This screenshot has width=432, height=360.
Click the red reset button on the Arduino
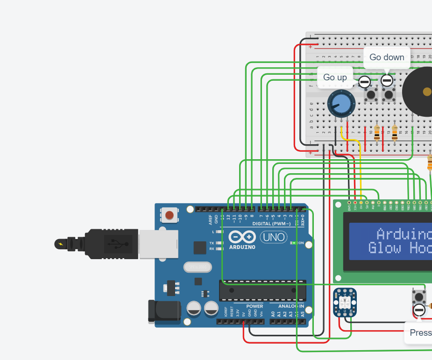[169, 215]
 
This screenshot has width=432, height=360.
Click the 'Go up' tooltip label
[335, 77]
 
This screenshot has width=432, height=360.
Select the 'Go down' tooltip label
[387, 57]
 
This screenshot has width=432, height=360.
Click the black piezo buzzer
[423, 92]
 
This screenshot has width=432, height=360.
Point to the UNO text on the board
[274, 237]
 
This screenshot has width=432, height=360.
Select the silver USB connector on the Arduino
[159, 243]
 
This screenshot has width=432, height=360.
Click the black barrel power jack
[164, 312]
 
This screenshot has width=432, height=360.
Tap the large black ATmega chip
[262, 290]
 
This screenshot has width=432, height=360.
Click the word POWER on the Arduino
[255, 306]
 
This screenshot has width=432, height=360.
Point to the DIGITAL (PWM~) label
[271, 224]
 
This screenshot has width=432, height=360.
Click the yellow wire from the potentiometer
[360, 168]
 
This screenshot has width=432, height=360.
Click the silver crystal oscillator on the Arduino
[198, 267]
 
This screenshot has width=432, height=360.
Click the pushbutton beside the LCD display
[419, 296]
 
